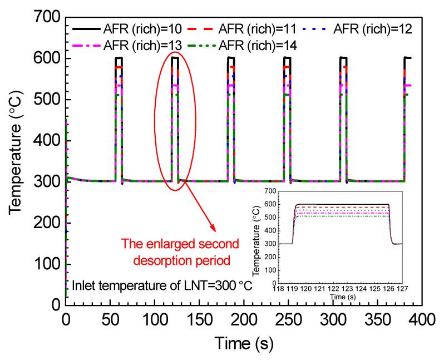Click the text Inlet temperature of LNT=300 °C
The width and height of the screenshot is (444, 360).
(162, 286)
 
